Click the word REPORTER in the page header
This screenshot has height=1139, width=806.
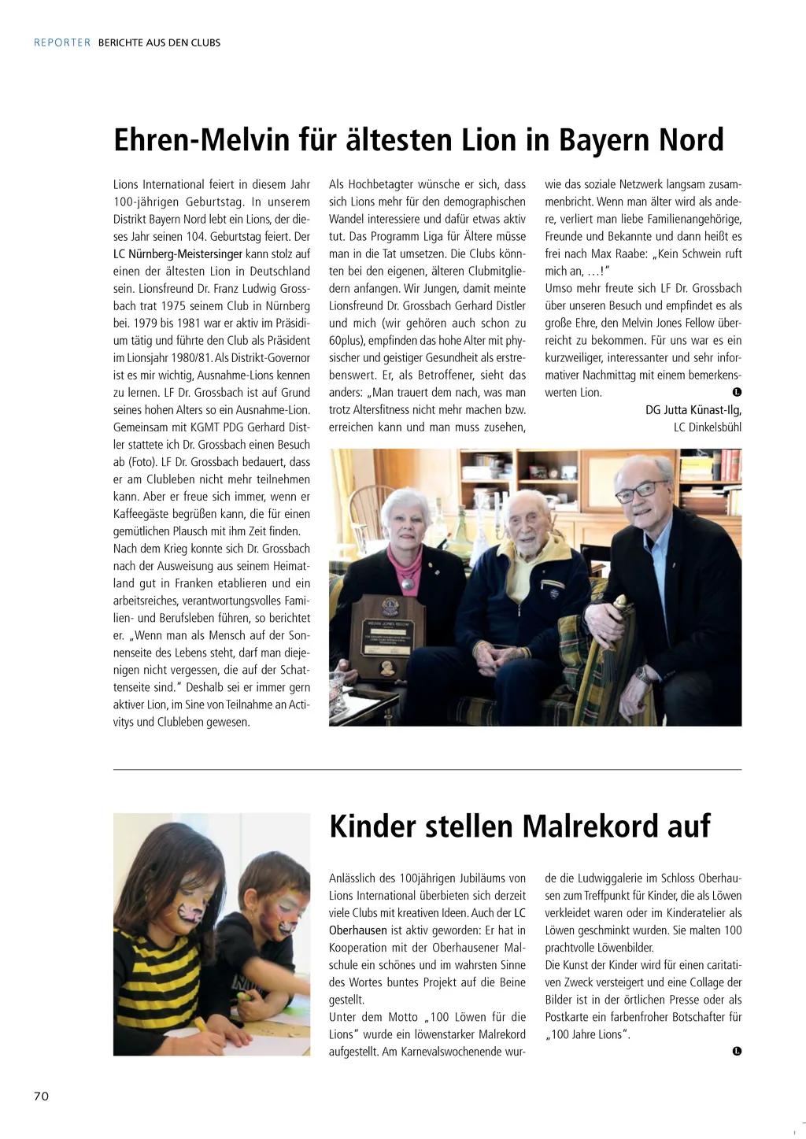(62, 43)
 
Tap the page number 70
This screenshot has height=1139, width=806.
(41, 1096)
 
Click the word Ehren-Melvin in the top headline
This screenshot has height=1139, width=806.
(201, 140)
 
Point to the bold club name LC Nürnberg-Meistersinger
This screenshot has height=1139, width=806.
(178, 254)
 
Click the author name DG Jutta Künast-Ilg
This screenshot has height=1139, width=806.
(693, 410)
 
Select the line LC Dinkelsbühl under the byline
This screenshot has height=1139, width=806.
(707, 427)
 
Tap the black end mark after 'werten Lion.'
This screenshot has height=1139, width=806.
(737, 392)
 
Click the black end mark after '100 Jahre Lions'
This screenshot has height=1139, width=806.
(737, 1051)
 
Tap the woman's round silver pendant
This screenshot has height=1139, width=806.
(408, 583)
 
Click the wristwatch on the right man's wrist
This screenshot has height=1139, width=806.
(643, 674)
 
